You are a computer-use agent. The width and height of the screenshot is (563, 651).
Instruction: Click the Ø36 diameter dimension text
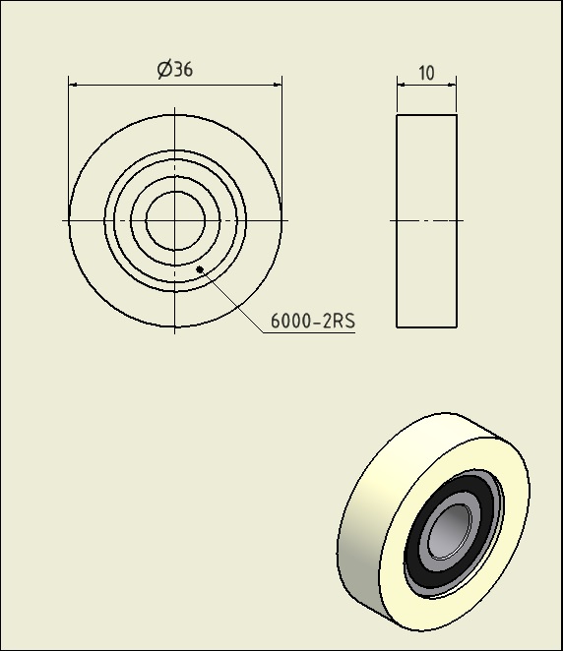(175, 70)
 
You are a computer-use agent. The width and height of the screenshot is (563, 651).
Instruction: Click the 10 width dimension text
(426, 73)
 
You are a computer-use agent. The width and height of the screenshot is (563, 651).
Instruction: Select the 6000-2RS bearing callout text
(313, 321)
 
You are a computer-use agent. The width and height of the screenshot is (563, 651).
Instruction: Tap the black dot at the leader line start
(200, 269)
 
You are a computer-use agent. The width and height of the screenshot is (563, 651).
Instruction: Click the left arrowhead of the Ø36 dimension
(73, 85)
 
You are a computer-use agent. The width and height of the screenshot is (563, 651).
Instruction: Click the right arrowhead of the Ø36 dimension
(278, 85)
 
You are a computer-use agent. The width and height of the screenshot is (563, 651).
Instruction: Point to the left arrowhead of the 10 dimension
(402, 85)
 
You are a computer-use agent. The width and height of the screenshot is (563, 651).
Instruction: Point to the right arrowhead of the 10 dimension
(452, 85)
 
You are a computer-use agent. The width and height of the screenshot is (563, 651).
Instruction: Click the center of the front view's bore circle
(175, 220)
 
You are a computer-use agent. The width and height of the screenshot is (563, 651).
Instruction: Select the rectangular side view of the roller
(427, 221)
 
